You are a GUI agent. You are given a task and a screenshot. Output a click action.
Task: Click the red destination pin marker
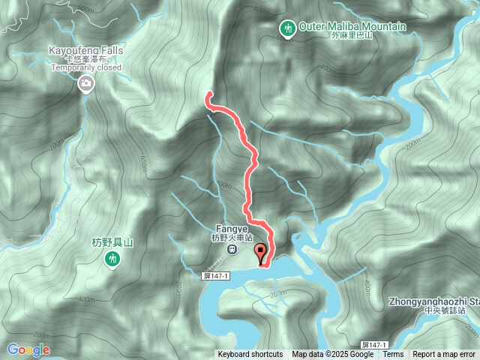tap(261, 253)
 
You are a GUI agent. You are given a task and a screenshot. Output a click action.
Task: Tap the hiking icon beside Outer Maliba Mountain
tap(286, 28)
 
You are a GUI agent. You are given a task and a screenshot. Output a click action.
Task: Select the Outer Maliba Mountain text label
tap(352, 26)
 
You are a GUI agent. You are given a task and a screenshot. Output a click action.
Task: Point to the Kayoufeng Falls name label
tap(85, 49)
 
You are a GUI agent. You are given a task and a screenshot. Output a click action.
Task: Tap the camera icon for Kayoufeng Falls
tap(86, 83)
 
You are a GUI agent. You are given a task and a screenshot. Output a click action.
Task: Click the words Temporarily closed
tap(85, 67)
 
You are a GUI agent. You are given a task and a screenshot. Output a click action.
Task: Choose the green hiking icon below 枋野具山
tap(112, 259)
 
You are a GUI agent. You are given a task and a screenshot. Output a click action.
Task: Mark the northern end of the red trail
tap(208, 94)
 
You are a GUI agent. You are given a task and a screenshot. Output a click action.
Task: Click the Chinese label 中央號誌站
tap(444, 310)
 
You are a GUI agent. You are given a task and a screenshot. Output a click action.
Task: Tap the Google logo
tap(28, 349)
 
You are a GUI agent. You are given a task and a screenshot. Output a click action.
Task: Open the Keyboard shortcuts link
tap(250, 355)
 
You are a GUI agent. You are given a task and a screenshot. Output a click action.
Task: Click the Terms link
tap(393, 355)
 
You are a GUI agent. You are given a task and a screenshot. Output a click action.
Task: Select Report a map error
tap(444, 355)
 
